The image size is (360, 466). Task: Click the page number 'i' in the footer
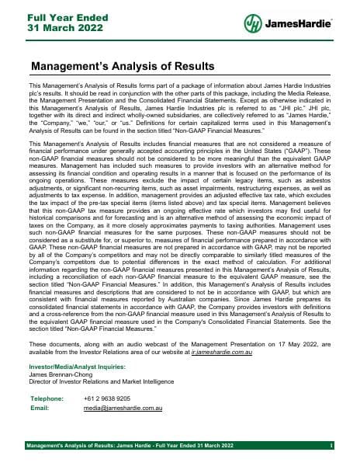tap(331, 445)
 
